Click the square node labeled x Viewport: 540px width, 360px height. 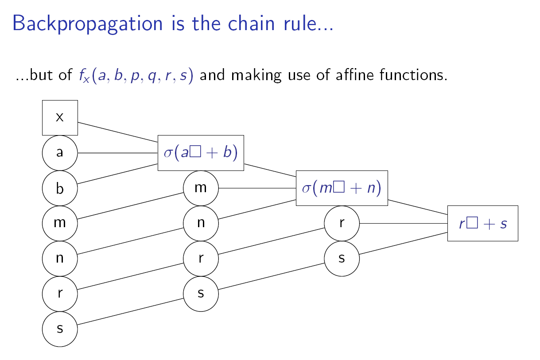tap(60, 117)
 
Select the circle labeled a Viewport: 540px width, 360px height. tap(60, 153)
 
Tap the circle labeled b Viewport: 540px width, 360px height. tap(60, 188)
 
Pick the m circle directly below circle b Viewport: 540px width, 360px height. tap(60, 222)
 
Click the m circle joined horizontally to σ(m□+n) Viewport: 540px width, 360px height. tap(201, 188)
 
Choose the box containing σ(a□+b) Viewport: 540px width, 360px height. tap(201, 153)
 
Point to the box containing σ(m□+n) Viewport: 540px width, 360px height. tap(342, 188)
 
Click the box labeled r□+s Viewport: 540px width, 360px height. tap(482, 224)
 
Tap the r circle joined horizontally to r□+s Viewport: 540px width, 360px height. tap(342, 223)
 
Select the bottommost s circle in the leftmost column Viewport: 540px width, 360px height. tap(60, 329)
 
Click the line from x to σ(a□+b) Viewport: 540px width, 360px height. tap(118, 132)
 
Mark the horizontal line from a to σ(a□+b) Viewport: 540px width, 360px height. tap(118, 153)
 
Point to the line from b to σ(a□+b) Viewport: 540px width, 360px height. tap(118, 174)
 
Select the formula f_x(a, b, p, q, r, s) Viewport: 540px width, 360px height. tap(133, 75)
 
